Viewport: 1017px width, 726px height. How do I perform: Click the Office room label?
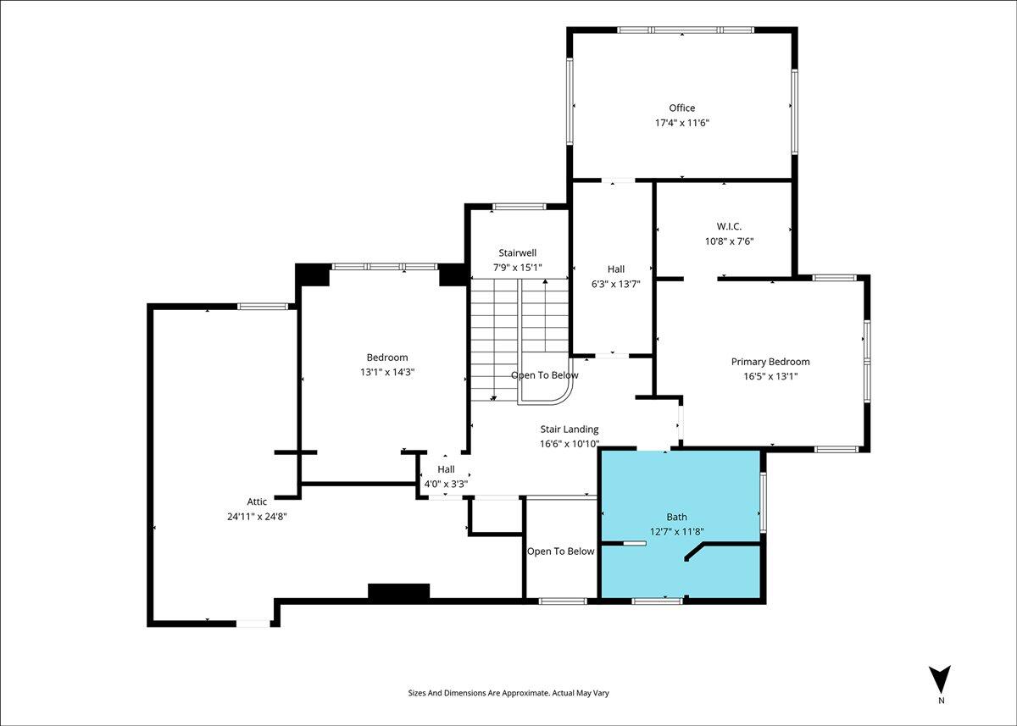click(x=682, y=108)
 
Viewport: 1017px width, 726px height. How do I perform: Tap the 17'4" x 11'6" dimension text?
click(x=682, y=123)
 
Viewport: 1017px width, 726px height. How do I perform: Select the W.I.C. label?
click(x=729, y=226)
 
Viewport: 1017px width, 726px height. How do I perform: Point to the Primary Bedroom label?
click(x=770, y=362)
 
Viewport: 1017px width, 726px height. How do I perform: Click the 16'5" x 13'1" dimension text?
click(x=770, y=376)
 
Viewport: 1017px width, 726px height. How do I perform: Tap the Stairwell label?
click(x=518, y=252)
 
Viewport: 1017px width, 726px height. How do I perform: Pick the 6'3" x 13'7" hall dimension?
click(x=615, y=284)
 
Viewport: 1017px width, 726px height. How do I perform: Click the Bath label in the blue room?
click(x=676, y=517)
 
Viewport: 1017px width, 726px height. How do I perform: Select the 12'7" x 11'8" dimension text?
click(x=676, y=531)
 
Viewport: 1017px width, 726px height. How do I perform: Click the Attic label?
click(x=257, y=502)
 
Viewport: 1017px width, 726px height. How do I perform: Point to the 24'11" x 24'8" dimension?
click(x=257, y=517)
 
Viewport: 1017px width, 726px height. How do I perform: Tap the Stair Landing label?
click(x=570, y=429)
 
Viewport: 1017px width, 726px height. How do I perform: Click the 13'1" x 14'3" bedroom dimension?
click(x=387, y=372)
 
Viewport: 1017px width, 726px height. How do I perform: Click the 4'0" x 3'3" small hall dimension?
click(x=446, y=485)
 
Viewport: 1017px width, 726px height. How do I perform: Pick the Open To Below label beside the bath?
click(x=561, y=551)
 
